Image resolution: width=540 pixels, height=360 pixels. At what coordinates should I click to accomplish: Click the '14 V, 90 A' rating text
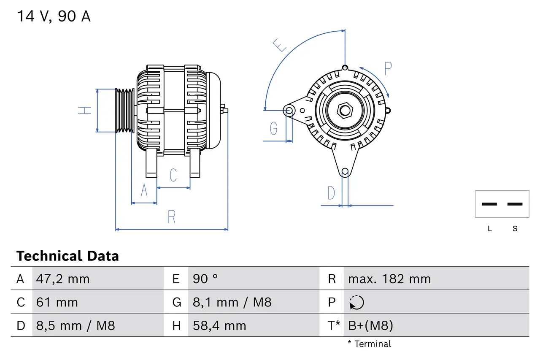point(54,16)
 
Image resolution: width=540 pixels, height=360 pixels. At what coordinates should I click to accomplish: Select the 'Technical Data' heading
point(67,256)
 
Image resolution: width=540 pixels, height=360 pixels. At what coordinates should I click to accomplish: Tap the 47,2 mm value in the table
point(63,279)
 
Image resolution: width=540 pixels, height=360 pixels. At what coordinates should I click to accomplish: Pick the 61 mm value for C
point(57,303)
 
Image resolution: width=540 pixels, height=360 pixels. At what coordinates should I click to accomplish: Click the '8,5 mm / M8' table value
point(75,326)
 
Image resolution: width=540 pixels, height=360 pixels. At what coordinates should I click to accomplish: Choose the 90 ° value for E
point(205,279)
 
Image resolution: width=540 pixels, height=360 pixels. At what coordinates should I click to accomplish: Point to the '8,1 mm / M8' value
point(232,303)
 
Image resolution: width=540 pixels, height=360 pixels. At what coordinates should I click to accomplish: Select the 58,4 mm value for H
point(219,326)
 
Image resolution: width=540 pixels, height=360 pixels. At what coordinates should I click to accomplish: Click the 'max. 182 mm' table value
point(389,279)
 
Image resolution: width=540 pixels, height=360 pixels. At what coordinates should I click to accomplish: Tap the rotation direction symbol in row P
point(356,303)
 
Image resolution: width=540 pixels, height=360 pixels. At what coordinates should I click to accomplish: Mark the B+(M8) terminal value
point(370,326)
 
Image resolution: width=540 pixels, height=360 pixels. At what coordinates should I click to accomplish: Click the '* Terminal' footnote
point(370,344)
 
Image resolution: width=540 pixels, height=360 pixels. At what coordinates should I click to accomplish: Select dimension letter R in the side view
point(171,217)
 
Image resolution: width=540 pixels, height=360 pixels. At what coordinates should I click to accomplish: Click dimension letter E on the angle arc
point(280,45)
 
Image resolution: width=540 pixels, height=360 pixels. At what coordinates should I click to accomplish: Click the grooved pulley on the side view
point(125,111)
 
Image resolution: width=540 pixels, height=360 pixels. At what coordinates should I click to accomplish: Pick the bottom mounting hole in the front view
point(345,171)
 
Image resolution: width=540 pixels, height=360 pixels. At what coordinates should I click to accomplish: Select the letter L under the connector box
point(489,229)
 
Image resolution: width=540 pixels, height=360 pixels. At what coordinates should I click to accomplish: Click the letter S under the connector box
point(515,229)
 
